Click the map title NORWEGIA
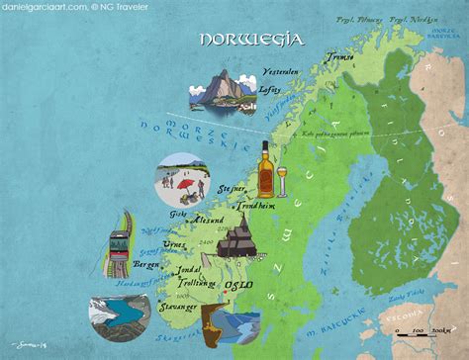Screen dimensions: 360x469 coord(250,41)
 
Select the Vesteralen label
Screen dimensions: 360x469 coord(283,71)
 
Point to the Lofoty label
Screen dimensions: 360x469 coord(269,88)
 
